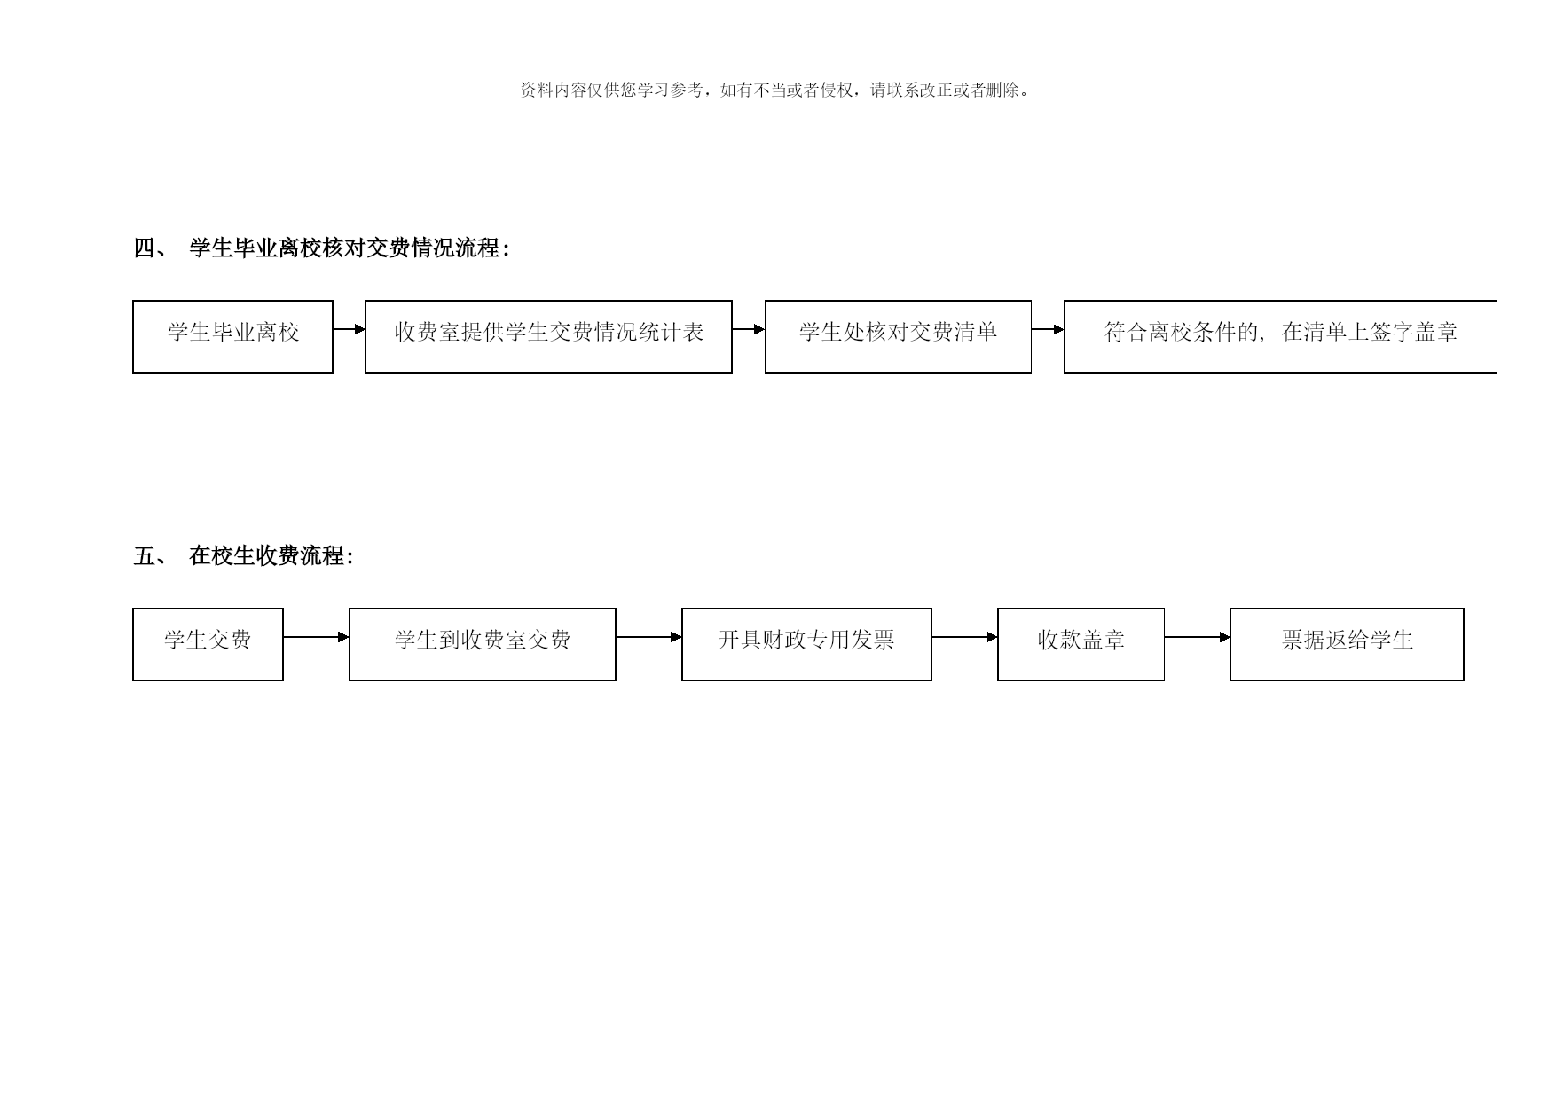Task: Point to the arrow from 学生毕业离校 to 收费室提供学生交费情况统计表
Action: pos(350,329)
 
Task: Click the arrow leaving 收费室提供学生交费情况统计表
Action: pos(749,329)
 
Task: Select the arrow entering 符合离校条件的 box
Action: pos(1048,329)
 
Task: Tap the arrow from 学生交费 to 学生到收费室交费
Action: pos(316,637)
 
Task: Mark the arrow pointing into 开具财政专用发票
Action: pos(648,637)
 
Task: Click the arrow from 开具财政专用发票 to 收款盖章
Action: pos(964,637)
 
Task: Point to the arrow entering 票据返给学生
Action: pos(1198,637)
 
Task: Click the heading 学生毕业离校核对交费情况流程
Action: pos(345,248)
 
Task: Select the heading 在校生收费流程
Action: pos(267,556)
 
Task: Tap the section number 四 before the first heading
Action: pos(144,248)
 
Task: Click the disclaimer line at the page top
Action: pos(775,90)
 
